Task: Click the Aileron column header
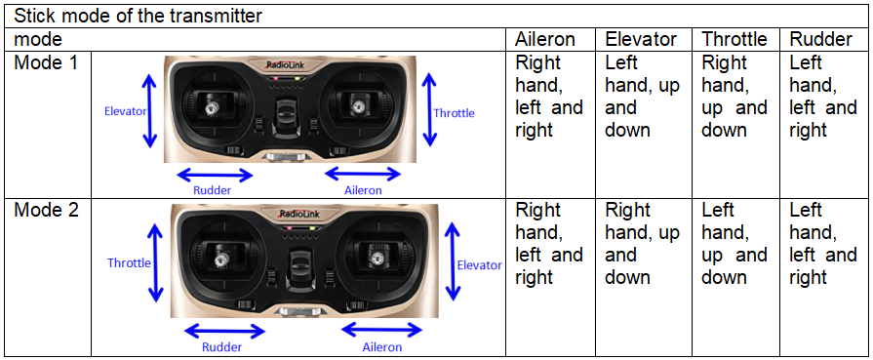point(544,40)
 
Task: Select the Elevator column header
point(641,40)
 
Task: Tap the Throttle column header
point(734,40)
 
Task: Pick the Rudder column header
point(821,40)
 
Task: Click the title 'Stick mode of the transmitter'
point(138,16)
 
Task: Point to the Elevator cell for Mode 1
point(643,96)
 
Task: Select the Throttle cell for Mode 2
point(734,243)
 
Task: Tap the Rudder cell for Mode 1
point(823,96)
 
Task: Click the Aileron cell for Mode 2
point(549,243)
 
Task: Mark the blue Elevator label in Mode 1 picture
point(125,111)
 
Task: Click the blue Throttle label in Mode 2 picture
point(129,262)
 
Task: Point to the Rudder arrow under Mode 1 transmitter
point(215,176)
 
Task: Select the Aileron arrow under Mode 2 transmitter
point(382,331)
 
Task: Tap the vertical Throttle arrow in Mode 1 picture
point(428,111)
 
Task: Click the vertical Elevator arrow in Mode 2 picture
point(454,260)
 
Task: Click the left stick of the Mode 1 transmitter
point(212,108)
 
